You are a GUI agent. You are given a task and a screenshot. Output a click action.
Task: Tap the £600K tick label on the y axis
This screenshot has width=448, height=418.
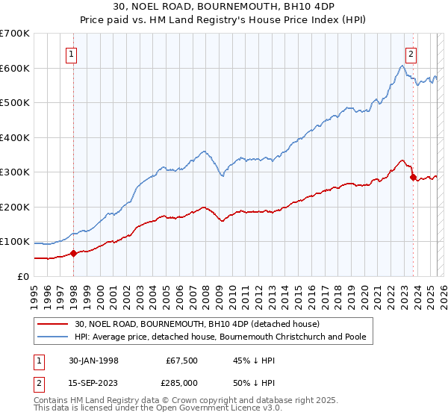pyautogui.click(x=15, y=69)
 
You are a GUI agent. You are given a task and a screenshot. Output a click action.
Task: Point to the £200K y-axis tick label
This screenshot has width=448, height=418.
pyautogui.click(x=15, y=207)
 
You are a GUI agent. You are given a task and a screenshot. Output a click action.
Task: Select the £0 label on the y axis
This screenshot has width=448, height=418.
pyautogui.click(x=23, y=276)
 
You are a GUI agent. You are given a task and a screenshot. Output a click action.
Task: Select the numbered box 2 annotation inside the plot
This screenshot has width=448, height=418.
pyautogui.click(x=411, y=54)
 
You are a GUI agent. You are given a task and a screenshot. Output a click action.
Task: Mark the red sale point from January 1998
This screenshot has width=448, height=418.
pyautogui.click(x=74, y=253)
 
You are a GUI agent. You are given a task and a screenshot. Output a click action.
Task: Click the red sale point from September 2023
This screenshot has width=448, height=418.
pyautogui.click(x=413, y=178)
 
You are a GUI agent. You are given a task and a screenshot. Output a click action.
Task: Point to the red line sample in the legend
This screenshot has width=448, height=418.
pyautogui.click(x=53, y=324)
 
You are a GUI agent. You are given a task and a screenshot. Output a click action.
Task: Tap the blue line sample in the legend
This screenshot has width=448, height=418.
pyautogui.click(x=53, y=337)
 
